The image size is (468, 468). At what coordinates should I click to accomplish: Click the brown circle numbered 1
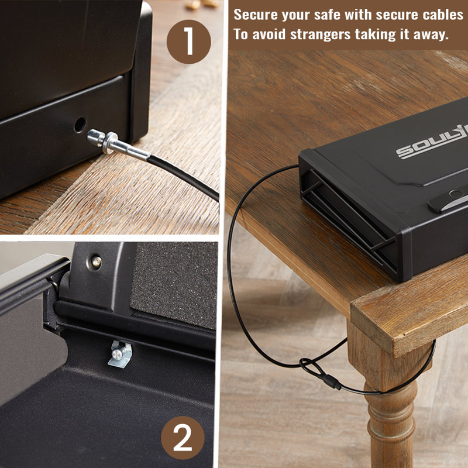coord(188,42)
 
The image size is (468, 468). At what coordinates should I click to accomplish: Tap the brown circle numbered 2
coord(183,438)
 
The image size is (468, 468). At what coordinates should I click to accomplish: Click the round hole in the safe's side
coord(80,125)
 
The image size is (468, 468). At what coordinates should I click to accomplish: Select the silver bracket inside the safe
coord(120,355)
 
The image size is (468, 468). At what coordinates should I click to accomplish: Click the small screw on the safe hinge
coord(97,262)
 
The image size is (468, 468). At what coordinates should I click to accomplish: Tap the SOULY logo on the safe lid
coord(432,143)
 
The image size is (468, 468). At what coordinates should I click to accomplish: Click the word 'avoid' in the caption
coord(269,35)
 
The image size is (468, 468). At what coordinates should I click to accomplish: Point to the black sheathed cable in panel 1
coord(183,177)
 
